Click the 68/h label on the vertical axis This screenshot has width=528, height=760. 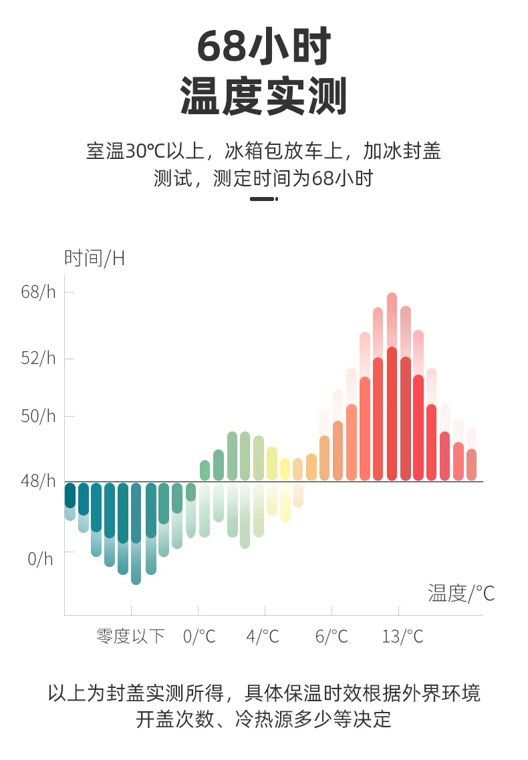coord(38,293)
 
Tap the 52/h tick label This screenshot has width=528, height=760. coord(38,359)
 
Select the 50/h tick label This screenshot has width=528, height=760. coord(38,416)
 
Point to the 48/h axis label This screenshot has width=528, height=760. coord(38,482)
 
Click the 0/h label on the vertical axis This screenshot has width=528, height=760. coord(40,560)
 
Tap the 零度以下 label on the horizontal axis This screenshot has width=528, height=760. coord(130,636)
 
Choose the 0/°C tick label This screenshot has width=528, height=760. coord(199,636)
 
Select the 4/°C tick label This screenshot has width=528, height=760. coord(263,636)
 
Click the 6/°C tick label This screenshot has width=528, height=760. coord(332,636)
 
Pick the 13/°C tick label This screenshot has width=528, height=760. coord(402,636)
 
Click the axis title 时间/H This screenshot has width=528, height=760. coord(94,258)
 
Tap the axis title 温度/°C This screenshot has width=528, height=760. coord(461,593)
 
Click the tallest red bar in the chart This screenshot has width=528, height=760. coord(392,413)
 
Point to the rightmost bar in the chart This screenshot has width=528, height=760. coord(471,465)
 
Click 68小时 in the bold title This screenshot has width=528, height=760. coord(264,46)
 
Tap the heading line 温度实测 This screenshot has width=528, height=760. coord(264,96)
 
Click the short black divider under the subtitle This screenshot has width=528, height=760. coord(264,199)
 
